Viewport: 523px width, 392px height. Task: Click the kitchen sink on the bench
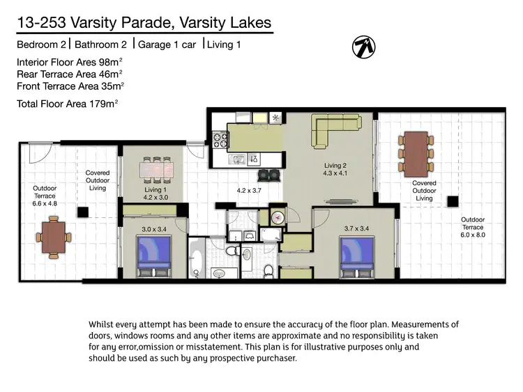(x=238, y=159)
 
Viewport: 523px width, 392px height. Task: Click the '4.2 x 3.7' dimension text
(x=249, y=190)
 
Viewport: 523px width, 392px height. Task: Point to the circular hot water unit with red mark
(x=278, y=217)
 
